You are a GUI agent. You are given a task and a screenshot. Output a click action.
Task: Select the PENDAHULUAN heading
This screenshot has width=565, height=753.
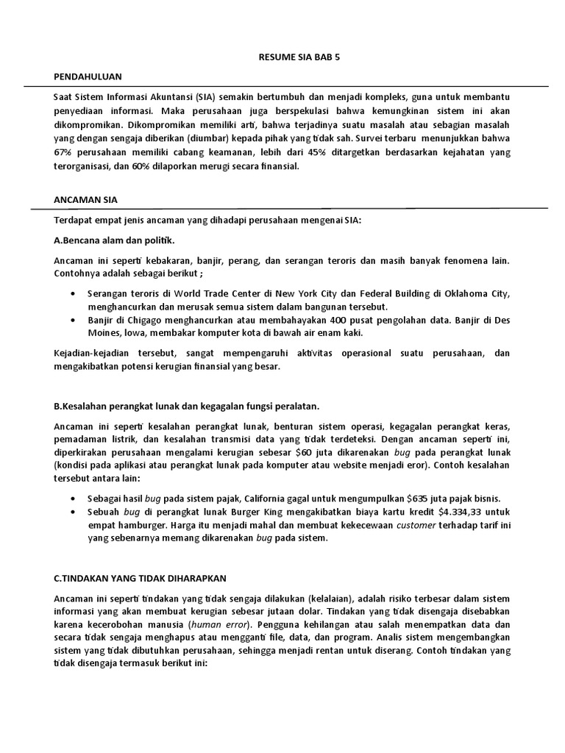pos(88,76)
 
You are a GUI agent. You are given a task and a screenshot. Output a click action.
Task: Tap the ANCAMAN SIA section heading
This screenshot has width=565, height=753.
pos(81,199)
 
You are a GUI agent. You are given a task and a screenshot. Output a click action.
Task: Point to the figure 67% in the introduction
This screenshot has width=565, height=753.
pos(64,152)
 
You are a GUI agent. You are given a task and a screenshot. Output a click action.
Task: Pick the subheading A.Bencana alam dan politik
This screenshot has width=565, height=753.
pos(115,240)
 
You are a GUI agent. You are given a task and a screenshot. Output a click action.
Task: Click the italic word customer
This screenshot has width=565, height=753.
pos(416,525)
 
